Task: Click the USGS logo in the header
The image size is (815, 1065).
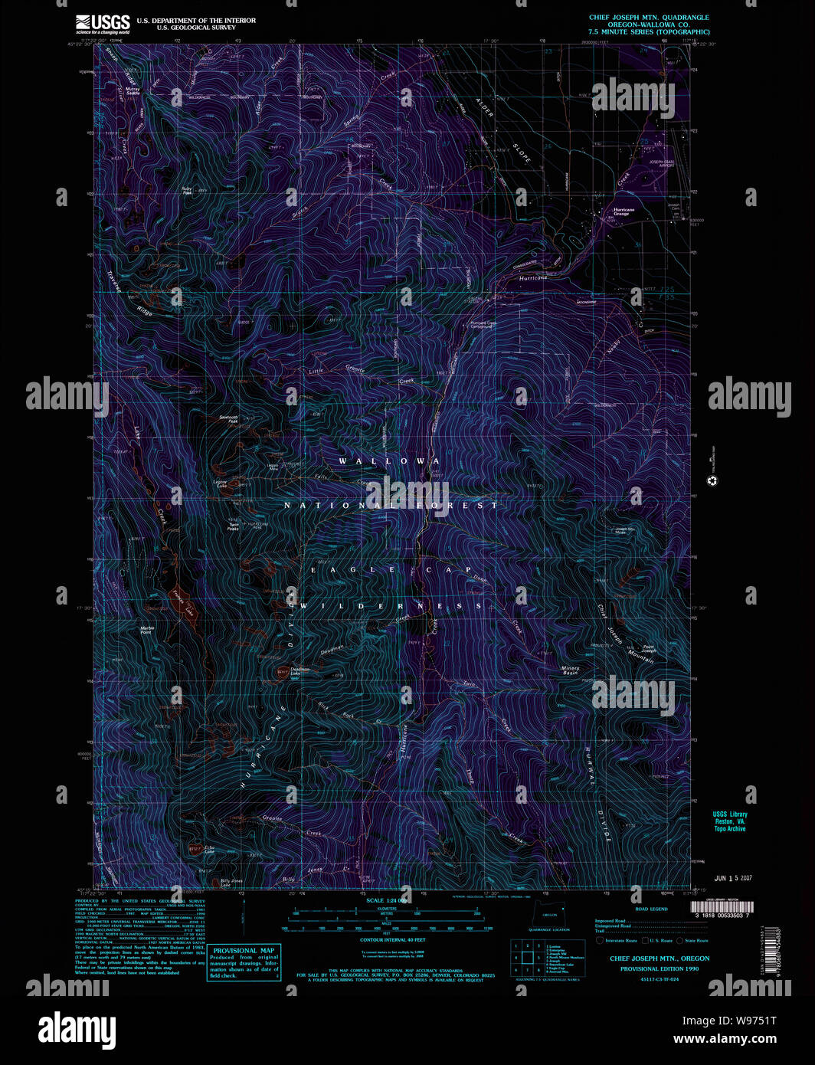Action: pyautogui.click(x=103, y=24)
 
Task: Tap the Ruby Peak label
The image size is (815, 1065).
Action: pyautogui.click(x=187, y=191)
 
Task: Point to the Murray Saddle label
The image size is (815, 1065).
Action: pyautogui.click(x=133, y=90)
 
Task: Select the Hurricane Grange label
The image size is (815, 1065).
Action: pyautogui.click(x=623, y=211)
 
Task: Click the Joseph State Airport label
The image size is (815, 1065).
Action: pyautogui.click(x=662, y=163)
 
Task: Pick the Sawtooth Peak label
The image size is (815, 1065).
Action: pyautogui.click(x=228, y=419)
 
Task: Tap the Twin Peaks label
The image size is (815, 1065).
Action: pyautogui.click(x=233, y=527)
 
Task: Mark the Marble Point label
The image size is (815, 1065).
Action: pyautogui.click(x=146, y=630)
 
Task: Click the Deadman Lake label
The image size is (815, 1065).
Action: pyautogui.click(x=299, y=670)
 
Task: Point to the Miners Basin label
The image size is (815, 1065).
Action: pyautogui.click(x=570, y=670)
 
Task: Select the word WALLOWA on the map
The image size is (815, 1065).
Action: pyautogui.click(x=389, y=461)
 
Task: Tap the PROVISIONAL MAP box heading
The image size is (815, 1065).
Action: pyautogui.click(x=243, y=950)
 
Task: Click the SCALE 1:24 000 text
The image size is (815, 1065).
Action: pyautogui.click(x=385, y=900)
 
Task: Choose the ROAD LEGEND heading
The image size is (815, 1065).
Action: pyautogui.click(x=651, y=909)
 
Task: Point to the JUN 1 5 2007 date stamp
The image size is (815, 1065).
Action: pyautogui.click(x=733, y=878)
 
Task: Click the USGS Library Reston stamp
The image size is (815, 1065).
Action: pyautogui.click(x=729, y=821)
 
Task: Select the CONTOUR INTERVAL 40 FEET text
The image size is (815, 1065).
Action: pyautogui.click(x=392, y=939)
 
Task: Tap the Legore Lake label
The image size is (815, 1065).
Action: pyautogui.click(x=221, y=483)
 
